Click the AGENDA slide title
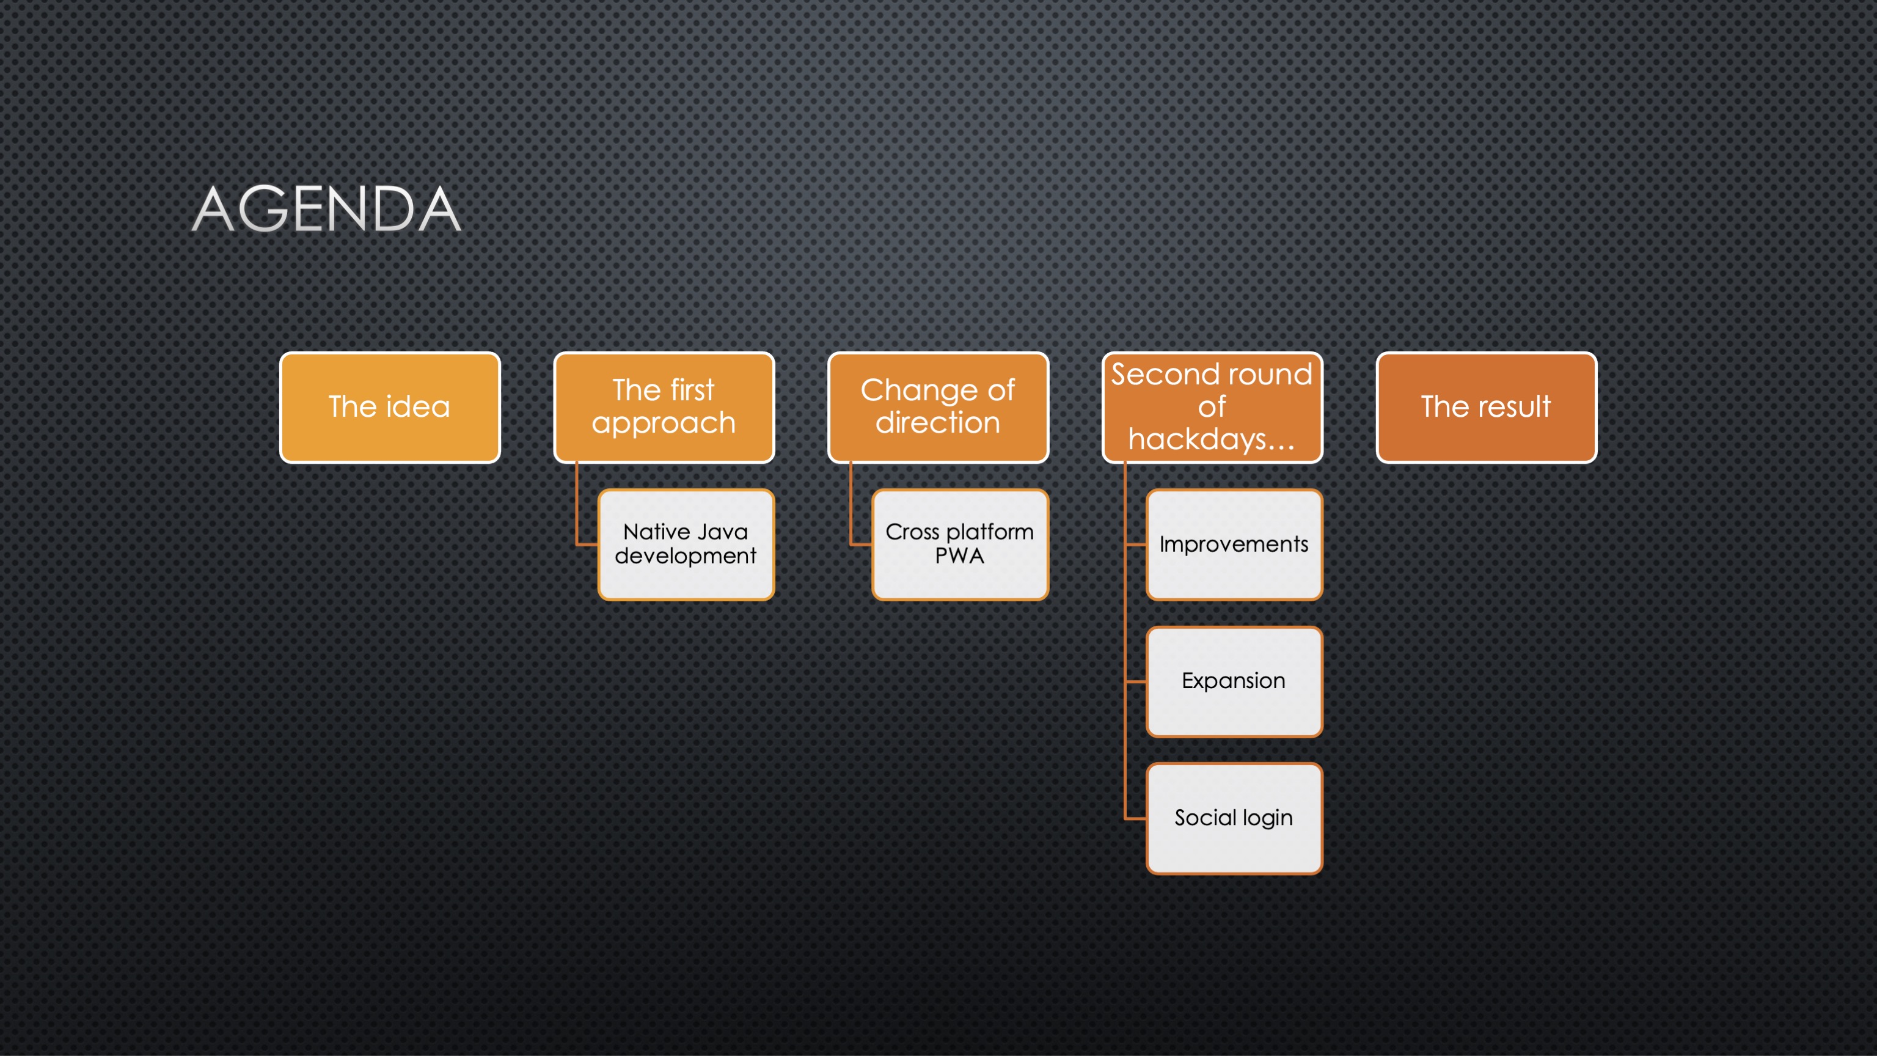pos(326,209)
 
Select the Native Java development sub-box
pos(686,544)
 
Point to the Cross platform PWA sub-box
pos(960,544)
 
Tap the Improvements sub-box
pos(1234,544)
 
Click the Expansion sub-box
pos(1234,681)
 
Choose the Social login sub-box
pos(1234,818)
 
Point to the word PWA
pos(960,556)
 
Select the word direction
pos(938,423)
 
